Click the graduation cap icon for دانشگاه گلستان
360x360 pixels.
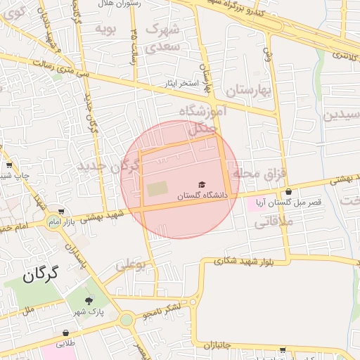point(203,184)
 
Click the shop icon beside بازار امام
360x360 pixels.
point(61,211)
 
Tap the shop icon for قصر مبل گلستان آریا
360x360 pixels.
point(288,191)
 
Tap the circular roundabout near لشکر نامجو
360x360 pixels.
point(127,320)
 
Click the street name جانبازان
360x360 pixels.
point(223,345)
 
